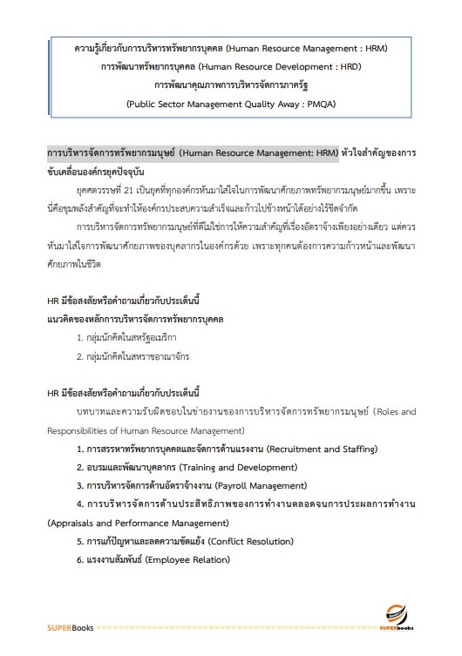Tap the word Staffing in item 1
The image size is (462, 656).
[x=355, y=449]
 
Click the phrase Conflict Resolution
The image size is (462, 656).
[x=242, y=541]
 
